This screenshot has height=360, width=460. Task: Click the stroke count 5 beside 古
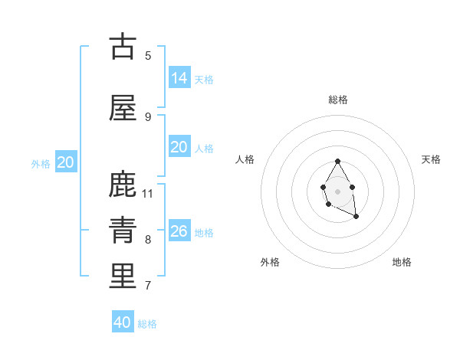[148, 55]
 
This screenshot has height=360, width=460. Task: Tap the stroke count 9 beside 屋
[148, 116]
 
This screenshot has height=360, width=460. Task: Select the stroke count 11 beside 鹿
[148, 193]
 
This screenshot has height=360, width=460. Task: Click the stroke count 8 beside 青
[148, 240]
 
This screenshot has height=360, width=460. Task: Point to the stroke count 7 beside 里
[148, 286]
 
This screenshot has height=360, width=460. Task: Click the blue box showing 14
[179, 77]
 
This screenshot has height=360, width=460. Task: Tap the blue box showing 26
[179, 231]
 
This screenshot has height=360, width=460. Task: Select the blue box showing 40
[123, 322]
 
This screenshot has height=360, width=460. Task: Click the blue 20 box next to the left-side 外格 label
[66, 162]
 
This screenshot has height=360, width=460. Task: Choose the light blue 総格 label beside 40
[147, 324]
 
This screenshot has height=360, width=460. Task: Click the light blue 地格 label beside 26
[204, 233]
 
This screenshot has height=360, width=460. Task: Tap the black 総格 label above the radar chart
[338, 100]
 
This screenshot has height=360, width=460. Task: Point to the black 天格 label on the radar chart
[431, 159]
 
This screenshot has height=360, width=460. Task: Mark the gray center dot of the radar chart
[337, 190]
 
